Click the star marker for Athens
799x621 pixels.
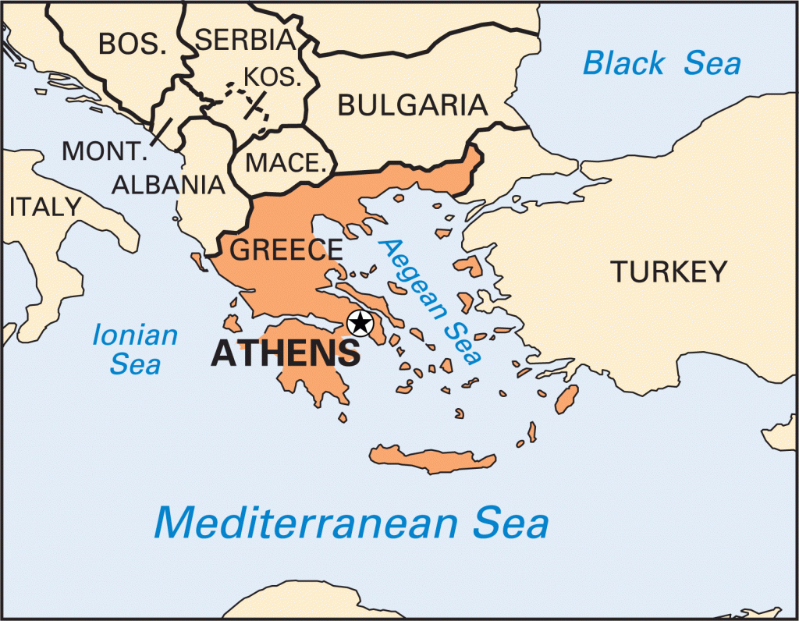[359, 322]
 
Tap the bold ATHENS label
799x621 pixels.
[286, 353]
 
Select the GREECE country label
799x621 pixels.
[286, 250]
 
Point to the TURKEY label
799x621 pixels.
[669, 271]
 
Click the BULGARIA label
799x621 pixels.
[413, 105]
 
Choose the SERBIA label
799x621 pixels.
[246, 40]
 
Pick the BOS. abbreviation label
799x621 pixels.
[133, 44]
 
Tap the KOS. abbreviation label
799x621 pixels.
[272, 77]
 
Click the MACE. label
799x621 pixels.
[286, 163]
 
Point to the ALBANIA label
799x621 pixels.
[169, 184]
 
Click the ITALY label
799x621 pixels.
[44, 207]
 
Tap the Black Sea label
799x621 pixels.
[662, 63]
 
